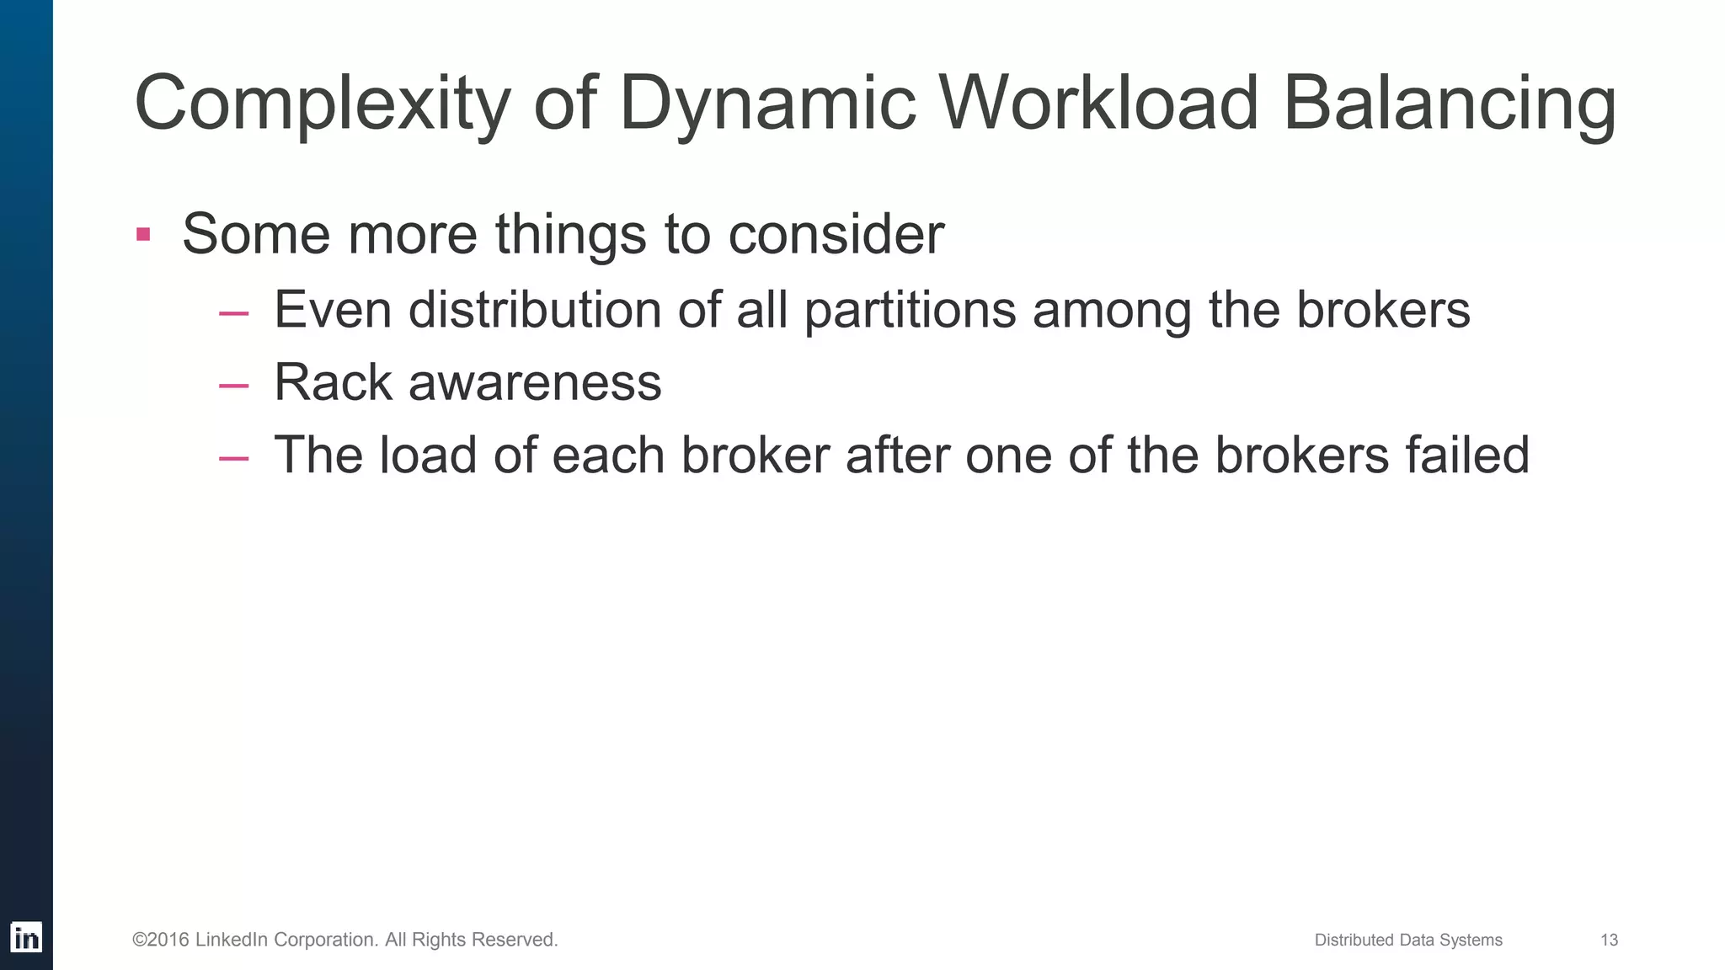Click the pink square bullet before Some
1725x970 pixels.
[x=143, y=234]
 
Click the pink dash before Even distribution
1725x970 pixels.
[x=233, y=313]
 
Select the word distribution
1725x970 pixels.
[x=535, y=310]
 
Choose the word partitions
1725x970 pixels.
[x=910, y=310]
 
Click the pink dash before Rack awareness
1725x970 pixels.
[x=233, y=386]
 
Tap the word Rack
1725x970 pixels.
[x=334, y=382]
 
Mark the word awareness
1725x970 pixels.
[x=535, y=383]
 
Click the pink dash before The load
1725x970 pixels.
[x=233, y=459]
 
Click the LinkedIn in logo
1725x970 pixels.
[x=26, y=937]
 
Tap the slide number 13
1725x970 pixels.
[x=1609, y=940]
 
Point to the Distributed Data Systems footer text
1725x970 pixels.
[x=1408, y=940]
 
